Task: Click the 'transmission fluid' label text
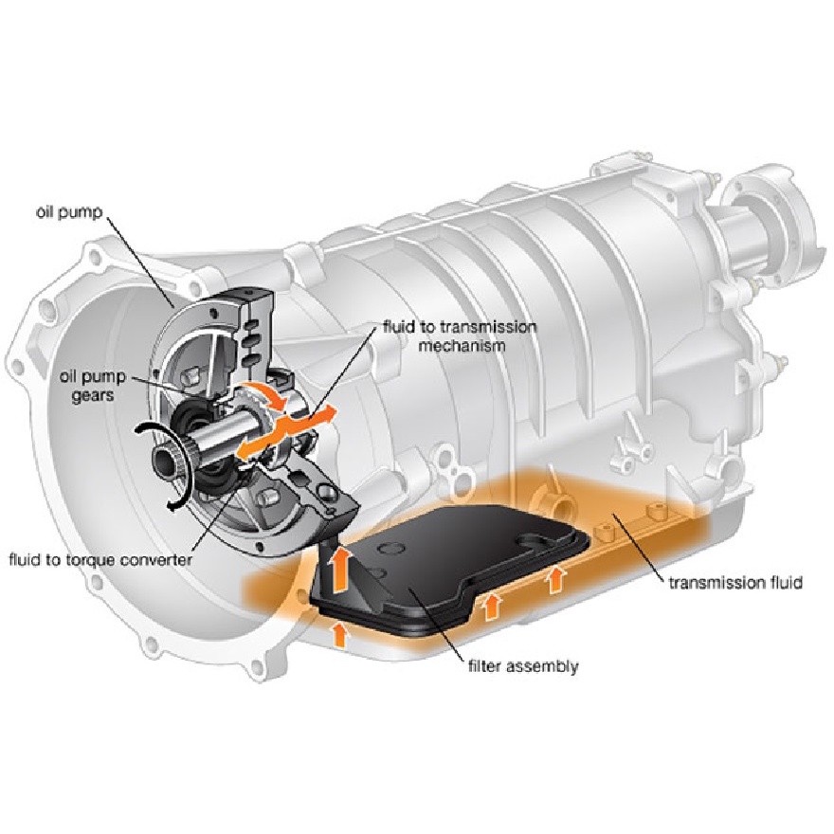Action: (734, 582)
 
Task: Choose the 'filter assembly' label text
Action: (522, 666)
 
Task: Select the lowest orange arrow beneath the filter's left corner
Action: (339, 632)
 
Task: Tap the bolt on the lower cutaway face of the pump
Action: (326, 491)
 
